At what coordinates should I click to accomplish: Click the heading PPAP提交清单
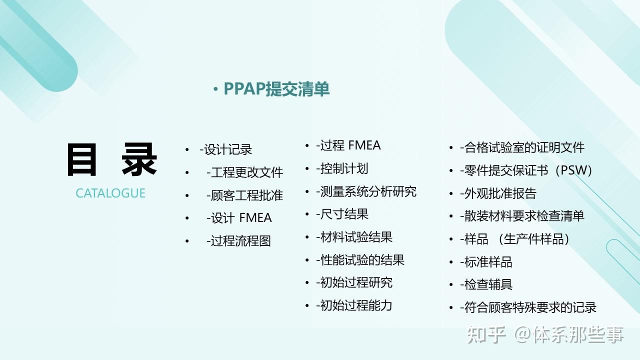point(276,89)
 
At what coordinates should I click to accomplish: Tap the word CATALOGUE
point(110,193)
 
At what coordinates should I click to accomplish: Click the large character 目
point(81,159)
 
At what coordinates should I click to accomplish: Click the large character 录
point(139,159)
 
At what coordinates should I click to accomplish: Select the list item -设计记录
point(225,149)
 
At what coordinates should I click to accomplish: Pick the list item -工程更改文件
point(244,172)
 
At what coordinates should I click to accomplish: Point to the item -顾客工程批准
point(244,195)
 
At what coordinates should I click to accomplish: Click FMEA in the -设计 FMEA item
point(255,218)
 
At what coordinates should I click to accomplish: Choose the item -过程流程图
point(238,241)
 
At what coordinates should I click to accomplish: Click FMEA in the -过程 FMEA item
point(364,145)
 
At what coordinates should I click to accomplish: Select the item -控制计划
point(342,168)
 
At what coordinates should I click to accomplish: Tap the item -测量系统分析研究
point(366,191)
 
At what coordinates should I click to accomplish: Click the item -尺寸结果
point(342,214)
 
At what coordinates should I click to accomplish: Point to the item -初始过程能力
point(354,305)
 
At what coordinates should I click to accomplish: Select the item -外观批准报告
point(498,193)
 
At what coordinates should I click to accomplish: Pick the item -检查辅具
point(486,284)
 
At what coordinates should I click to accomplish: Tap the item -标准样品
point(486,262)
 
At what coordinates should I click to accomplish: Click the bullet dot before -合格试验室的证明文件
point(451,148)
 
